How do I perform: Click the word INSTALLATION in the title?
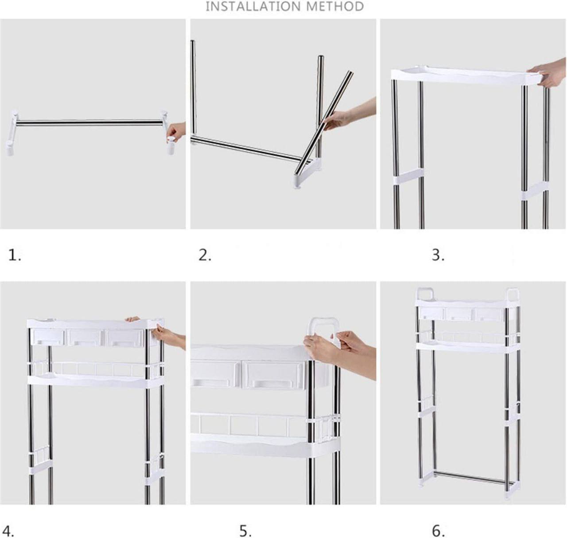(x=250, y=6)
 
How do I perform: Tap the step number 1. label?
(x=15, y=255)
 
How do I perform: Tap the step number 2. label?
(x=205, y=255)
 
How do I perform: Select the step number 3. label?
(x=438, y=255)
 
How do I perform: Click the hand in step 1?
(x=176, y=132)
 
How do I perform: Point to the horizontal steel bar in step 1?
(x=89, y=123)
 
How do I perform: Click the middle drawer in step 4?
(x=85, y=337)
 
